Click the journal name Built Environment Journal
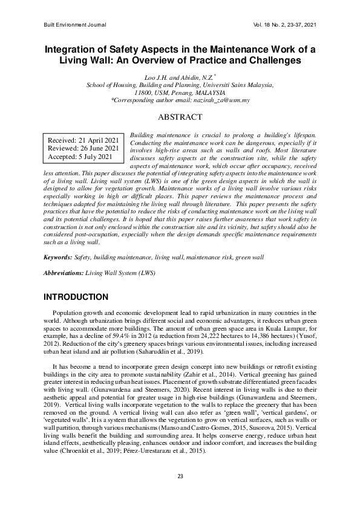pos(75,25)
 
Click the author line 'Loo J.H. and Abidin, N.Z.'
pos(179,79)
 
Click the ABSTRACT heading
pos(180,117)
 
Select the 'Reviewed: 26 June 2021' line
pos(83,149)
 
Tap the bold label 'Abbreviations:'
pos(64,273)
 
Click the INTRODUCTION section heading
pos(76,297)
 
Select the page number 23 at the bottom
pos(180,477)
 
